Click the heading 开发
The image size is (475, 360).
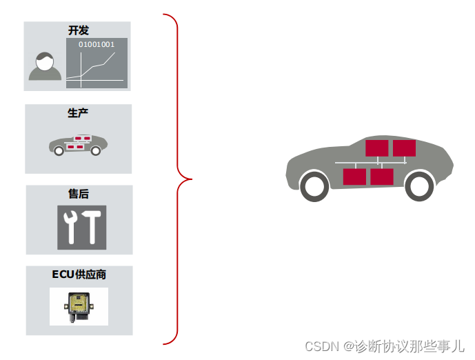pyautogui.click(x=78, y=30)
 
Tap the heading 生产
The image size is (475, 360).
pyautogui.click(x=78, y=112)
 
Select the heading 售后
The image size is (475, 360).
pyautogui.click(x=78, y=194)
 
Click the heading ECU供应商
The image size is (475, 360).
pyautogui.click(x=79, y=274)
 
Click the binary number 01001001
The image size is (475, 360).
pyautogui.click(x=97, y=44)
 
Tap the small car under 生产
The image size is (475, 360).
pyautogui.click(x=78, y=144)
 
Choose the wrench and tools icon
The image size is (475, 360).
pyautogui.click(x=82, y=227)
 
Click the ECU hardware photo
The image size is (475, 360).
pyautogui.click(x=79, y=307)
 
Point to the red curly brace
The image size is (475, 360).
pyautogui.click(x=181, y=179)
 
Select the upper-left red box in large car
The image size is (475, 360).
pyautogui.click(x=377, y=148)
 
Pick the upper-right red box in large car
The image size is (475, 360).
pyautogui.click(x=404, y=148)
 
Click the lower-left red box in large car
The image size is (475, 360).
pyautogui.click(x=354, y=177)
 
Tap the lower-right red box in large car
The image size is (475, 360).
pyautogui.click(x=381, y=177)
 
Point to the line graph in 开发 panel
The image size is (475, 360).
pyautogui.click(x=97, y=68)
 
